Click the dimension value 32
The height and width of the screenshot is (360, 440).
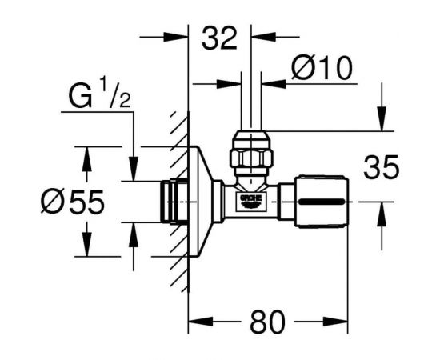tap(219, 38)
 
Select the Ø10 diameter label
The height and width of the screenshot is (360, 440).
tap(322, 68)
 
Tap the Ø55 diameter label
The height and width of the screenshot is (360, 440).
tap(73, 201)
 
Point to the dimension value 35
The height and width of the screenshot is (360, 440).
tap(381, 167)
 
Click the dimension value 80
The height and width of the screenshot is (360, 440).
tap(267, 322)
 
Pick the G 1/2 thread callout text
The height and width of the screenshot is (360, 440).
tap(100, 95)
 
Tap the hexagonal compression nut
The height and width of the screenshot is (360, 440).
tap(251, 158)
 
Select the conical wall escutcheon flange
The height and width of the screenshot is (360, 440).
tap(200, 201)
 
